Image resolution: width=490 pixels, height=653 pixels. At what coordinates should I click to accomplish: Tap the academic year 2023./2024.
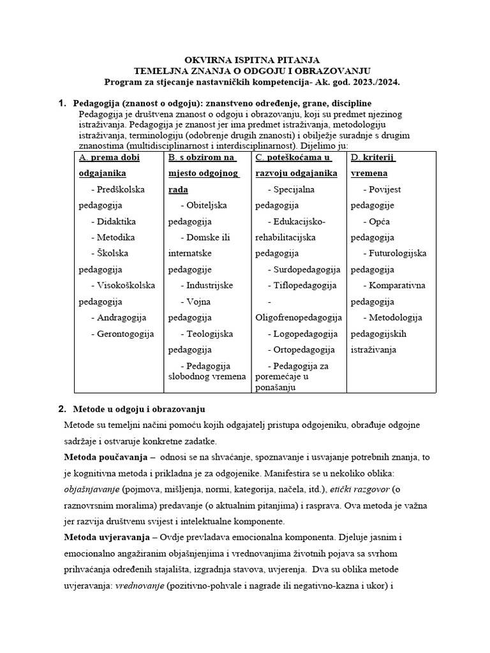[371, 83]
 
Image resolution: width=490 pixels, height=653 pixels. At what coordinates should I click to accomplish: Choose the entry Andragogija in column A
[121, 317]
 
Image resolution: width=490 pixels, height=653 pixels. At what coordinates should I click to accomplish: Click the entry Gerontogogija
[125, 334]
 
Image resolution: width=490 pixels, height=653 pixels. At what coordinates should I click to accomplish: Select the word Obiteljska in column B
[207, 205]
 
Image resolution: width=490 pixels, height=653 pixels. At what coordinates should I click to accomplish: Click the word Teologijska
[210, 334]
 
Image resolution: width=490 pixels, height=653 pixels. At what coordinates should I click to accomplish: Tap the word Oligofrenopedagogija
[299, 317]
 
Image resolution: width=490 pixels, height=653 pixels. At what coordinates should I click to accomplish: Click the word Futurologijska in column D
[397, 253]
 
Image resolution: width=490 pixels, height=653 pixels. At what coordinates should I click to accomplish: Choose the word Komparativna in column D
[397, 285]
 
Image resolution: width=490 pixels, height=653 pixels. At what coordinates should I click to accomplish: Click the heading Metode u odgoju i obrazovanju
[140, 409]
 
